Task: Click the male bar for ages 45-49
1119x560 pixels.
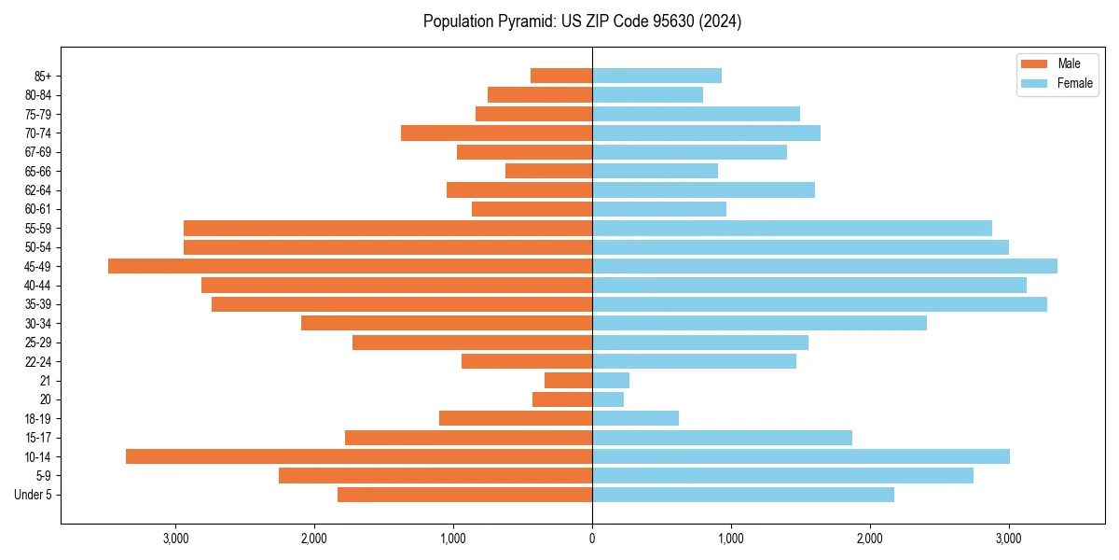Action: point(350,266)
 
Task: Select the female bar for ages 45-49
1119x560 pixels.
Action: point(824,266)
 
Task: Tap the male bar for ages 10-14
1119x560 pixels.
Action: point(359,456)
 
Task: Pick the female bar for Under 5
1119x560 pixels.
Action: point(743,495)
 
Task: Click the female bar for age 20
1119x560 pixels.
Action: point(608,399)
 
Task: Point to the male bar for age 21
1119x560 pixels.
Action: point(569,381)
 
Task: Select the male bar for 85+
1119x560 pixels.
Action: point(561,76)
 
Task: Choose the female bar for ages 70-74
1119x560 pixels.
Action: point(706,133)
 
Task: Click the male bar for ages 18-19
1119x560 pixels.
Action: point(516,418)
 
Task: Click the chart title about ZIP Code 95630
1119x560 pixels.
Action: point(582,21)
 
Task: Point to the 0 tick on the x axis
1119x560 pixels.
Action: point(592,539)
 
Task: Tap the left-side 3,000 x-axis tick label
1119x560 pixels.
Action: point(175,539)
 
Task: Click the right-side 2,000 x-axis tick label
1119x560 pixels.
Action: point(869,539)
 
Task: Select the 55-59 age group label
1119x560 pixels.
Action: point(38,229)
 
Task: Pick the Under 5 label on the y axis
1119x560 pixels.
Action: point(34,495)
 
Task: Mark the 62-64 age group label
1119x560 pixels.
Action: point(38,190)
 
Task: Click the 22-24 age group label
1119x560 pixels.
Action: point(38,362)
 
